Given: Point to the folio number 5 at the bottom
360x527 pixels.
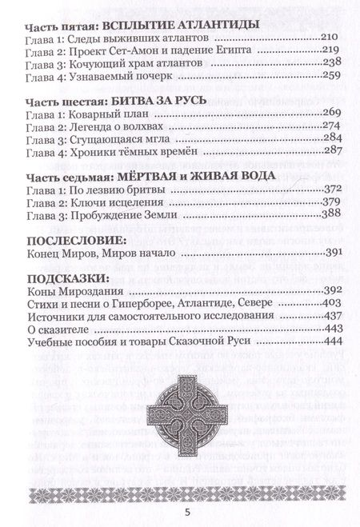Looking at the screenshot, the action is pyautogui.click(x=180, y=505).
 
